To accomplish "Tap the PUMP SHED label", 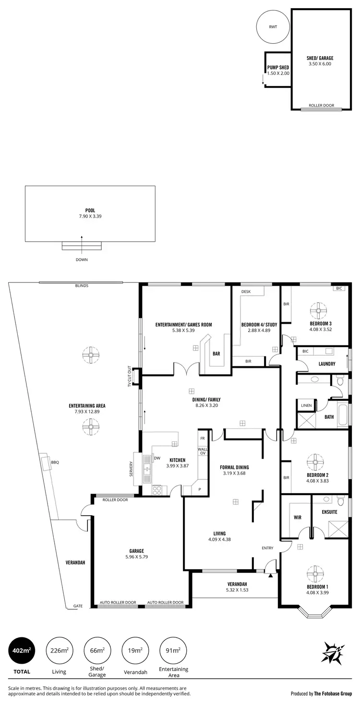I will tap(278, 68).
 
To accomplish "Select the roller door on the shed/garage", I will tap(321, 109).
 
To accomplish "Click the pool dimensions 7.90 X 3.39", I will tap(90, 216).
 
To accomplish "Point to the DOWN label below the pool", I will tap(82, 259).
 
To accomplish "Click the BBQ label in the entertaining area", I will tap(55, 462).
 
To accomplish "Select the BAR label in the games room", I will tap(216, 353).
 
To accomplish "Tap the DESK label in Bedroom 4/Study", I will tap(246, 292).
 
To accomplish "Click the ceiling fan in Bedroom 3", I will tap(317, 311).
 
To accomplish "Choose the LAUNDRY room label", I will tap(326, 364).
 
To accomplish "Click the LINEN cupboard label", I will tap(306, 406).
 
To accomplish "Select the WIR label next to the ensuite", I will tap(297, 518).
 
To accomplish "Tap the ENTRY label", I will tap(267, 548).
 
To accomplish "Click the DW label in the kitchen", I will tap(157, 458).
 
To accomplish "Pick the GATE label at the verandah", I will tap(78, 606).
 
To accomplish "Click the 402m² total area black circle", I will tap(20, 650).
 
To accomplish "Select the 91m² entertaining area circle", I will tap(173, 650).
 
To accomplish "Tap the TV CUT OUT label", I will tap(129, 377).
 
